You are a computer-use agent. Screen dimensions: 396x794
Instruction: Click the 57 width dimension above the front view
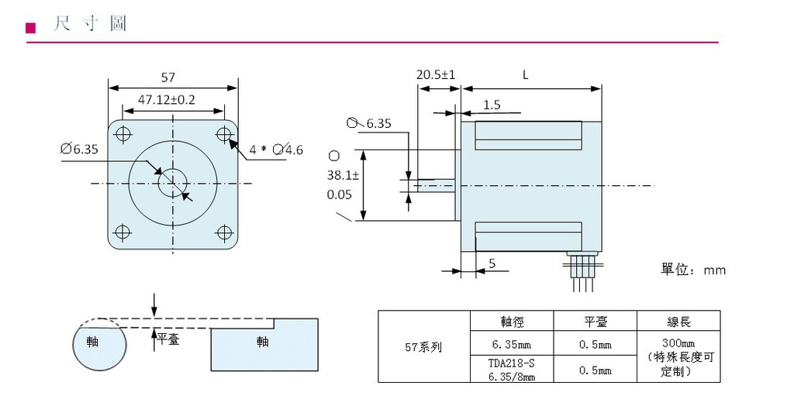click(x=167, y=77)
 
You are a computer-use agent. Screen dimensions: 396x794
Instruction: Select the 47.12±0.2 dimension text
click(x=167, y=100)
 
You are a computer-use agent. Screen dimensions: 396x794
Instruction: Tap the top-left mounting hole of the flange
click(x=122, y=134)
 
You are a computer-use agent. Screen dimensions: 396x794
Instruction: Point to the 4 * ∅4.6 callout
click(x=276, y=149)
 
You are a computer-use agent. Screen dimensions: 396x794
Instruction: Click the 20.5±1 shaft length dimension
click(x=436, y=75)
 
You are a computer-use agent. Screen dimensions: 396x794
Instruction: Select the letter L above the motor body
click(x=525, y=75)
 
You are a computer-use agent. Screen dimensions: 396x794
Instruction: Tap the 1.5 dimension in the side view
click(x=492, y=105)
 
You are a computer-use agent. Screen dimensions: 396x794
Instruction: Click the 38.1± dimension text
click(x=339, y=176)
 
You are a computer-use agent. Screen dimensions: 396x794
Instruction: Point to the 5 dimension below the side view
click(x=492, y=263)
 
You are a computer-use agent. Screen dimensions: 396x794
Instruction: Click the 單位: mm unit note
click(x=692, y=270)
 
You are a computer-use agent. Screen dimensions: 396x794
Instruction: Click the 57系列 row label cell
click(x=423, y=347)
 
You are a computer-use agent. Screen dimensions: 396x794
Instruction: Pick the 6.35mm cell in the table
click(x=512, y=343)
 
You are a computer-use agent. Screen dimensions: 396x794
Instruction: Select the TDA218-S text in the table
click(x=512, y=363)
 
